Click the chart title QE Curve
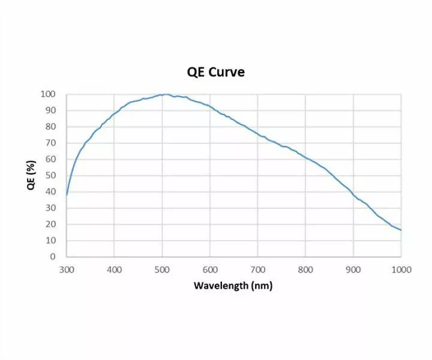coord(216,72)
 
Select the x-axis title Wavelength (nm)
coord(233,285)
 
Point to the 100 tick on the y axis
coord(48,94)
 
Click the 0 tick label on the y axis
coord(53,256)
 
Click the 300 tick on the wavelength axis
coord(67,269)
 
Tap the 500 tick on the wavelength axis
coord(162,269)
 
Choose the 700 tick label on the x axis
coord(257,269)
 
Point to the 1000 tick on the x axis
coord(401,269)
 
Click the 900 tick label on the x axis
coord(353,269)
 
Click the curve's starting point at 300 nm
coord(67,194)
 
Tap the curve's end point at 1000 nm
coord(401,230)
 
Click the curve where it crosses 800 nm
coord(305,157)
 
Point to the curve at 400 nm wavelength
coord(114,113)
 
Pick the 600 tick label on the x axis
coord(209,269)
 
